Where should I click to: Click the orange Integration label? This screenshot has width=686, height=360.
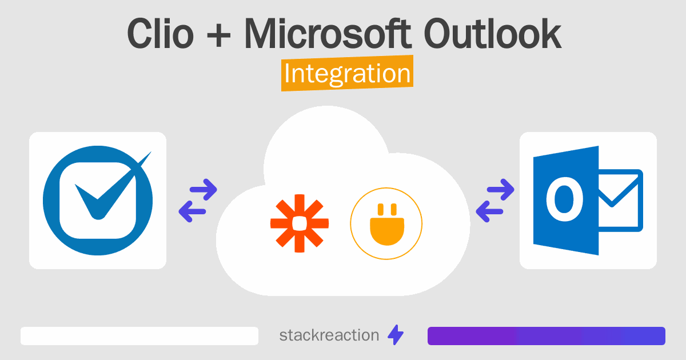click(x=347, y=74)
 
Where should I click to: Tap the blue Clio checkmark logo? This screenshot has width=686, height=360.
click(x=98, y=201)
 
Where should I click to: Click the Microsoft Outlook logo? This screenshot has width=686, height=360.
click(x=588, y=201)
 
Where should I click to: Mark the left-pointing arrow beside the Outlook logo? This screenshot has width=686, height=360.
click(x=490, y=212)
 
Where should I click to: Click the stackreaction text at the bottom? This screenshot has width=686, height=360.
click(x=329, y=335)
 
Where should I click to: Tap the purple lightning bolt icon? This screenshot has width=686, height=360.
click(x=396, y=335)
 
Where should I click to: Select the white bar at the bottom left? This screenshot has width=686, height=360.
click(x=139, y=336)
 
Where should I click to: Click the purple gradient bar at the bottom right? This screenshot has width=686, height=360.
click(x=546, y=336)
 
